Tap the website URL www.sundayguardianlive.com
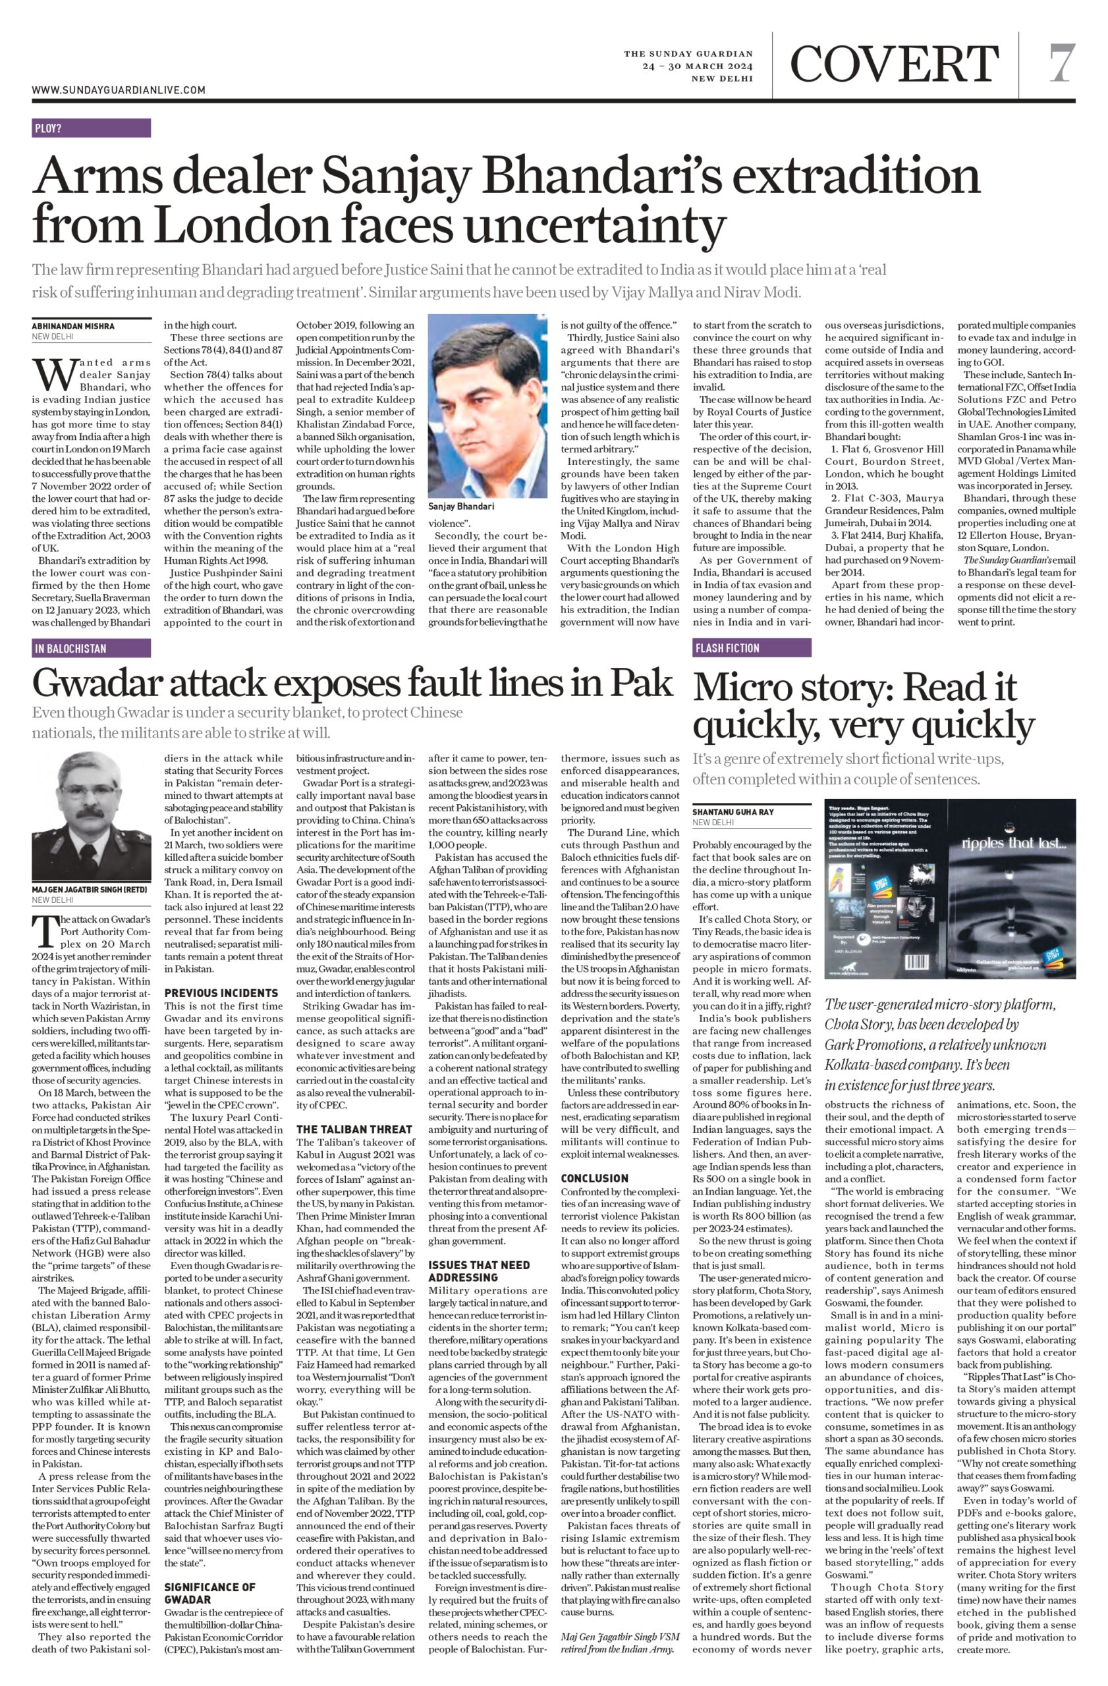pos(119,90)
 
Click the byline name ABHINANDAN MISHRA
pos(72,327)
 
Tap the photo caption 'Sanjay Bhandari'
pos(461,506)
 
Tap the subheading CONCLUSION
pos(595,1178)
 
